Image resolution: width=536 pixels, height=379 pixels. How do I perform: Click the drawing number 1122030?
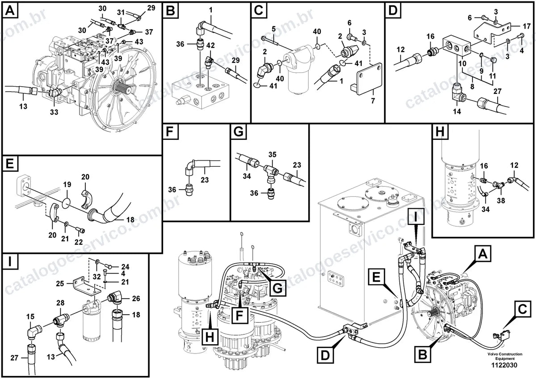pyautogui.click(x=504, y=365)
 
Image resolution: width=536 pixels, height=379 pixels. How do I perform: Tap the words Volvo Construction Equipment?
pyautogui.click(x=505, y=356)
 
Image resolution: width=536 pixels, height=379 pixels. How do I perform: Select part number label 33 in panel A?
pyautogui.click(x=54, y=112)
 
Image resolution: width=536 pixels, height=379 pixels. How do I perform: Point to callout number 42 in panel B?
pyautogui.click(x=210, y=45)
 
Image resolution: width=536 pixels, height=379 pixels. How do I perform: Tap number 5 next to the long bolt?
pyautogui.click(x=273, y=29)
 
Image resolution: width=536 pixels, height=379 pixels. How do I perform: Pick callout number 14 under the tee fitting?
pyautogui.click(x=457, y=111)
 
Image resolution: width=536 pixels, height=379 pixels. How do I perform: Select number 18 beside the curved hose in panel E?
pyautogui.click(x=130, y=219)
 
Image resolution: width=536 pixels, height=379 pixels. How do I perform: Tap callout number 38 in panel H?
pyautogui.click(x=501, y=200)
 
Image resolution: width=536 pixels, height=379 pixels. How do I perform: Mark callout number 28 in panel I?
pyautogui.click(x=60, y=303)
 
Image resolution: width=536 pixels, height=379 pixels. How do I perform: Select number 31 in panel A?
pyautogui.click(x=121, y=12)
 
